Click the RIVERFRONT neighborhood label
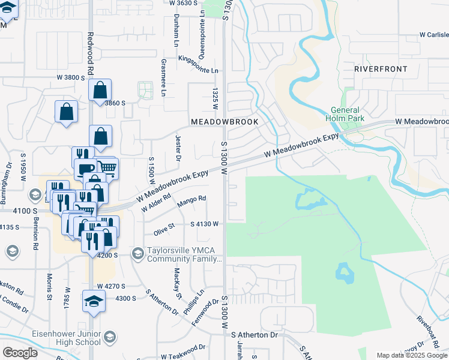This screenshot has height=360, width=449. (x=381, y=69)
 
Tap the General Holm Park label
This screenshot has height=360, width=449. (x=345, y=114)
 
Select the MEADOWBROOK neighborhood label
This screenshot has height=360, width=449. (x=224, y=121)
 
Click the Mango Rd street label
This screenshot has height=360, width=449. (x=192, y=198)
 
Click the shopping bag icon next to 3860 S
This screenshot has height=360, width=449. (x=100, y=91)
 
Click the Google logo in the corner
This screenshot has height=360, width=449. (x=20, y=353)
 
